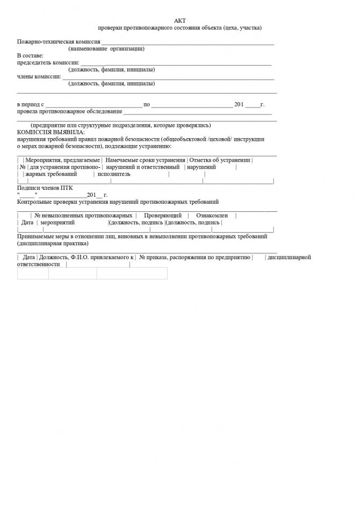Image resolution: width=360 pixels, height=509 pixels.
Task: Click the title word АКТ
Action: tap(179, 20)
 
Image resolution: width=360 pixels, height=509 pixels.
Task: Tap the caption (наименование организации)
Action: tap(106, 49)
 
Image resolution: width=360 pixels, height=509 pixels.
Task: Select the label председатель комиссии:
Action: tap(48, 63)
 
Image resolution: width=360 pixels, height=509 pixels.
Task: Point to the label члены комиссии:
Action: tap(39, 76)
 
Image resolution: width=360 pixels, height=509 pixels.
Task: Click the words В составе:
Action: tap(30, 56)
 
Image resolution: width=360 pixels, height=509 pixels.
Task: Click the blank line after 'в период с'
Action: tap(93, 104)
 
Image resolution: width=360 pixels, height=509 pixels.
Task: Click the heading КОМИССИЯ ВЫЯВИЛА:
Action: tap(51, 132)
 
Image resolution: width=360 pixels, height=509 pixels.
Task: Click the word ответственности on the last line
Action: tap(39, 264)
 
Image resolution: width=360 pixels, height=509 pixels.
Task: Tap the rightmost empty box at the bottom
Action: tap(132, 274)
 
